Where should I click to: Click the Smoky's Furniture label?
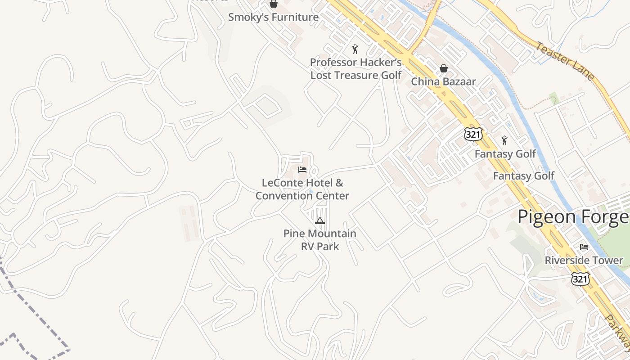[x=273, y=18]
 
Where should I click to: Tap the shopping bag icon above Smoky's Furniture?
[x=273, y=4]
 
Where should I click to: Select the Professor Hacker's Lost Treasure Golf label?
[x=355, y=69]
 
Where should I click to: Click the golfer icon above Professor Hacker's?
[x=355, y=49]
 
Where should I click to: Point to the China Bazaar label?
[x=443, y=82]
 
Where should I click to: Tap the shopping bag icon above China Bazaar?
[x=443, y=68]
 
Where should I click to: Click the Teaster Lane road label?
[x=565, y=61]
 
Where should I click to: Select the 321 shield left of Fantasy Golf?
[x=473, y=134]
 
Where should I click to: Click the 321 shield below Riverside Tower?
[x=580, y=279]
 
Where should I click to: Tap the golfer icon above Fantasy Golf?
[x=504, y=141]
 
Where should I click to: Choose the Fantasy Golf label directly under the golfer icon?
[x=505, y=154]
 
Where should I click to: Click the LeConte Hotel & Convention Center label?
[x=302, y=189]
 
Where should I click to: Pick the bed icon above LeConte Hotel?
[x=302, y=170]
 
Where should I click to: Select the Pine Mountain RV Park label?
[x=319, y=240]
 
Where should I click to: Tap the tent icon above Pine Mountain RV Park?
[x=319, y=220]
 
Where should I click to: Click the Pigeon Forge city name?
[x=573, y=217]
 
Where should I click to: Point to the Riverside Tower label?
[x=584, y=261]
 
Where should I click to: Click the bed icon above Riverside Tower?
[x=584, y=247]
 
